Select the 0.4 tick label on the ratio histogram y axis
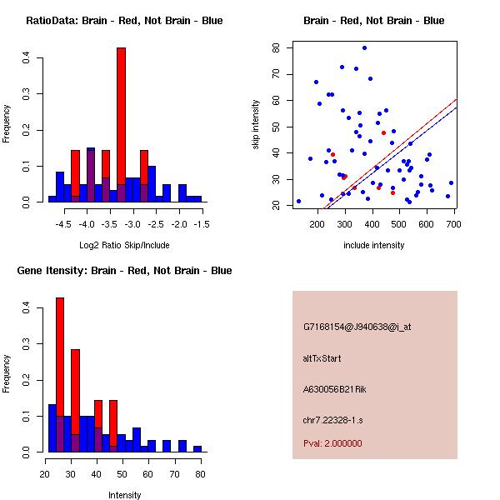(x=27, y=58)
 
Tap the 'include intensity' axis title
(x=373, y=245)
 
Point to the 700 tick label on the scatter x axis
(x=454, y=224)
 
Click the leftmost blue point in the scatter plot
(x=298, y=201)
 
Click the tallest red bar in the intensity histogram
(x=60, y=374)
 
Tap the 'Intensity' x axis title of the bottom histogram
(x=124, y=495)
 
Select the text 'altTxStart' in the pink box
(x=322, y=358)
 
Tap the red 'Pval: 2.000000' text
(x=332, y=443)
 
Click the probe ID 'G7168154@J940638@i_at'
(x=357, y=327)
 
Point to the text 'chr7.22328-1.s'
(x=333, y=419)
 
